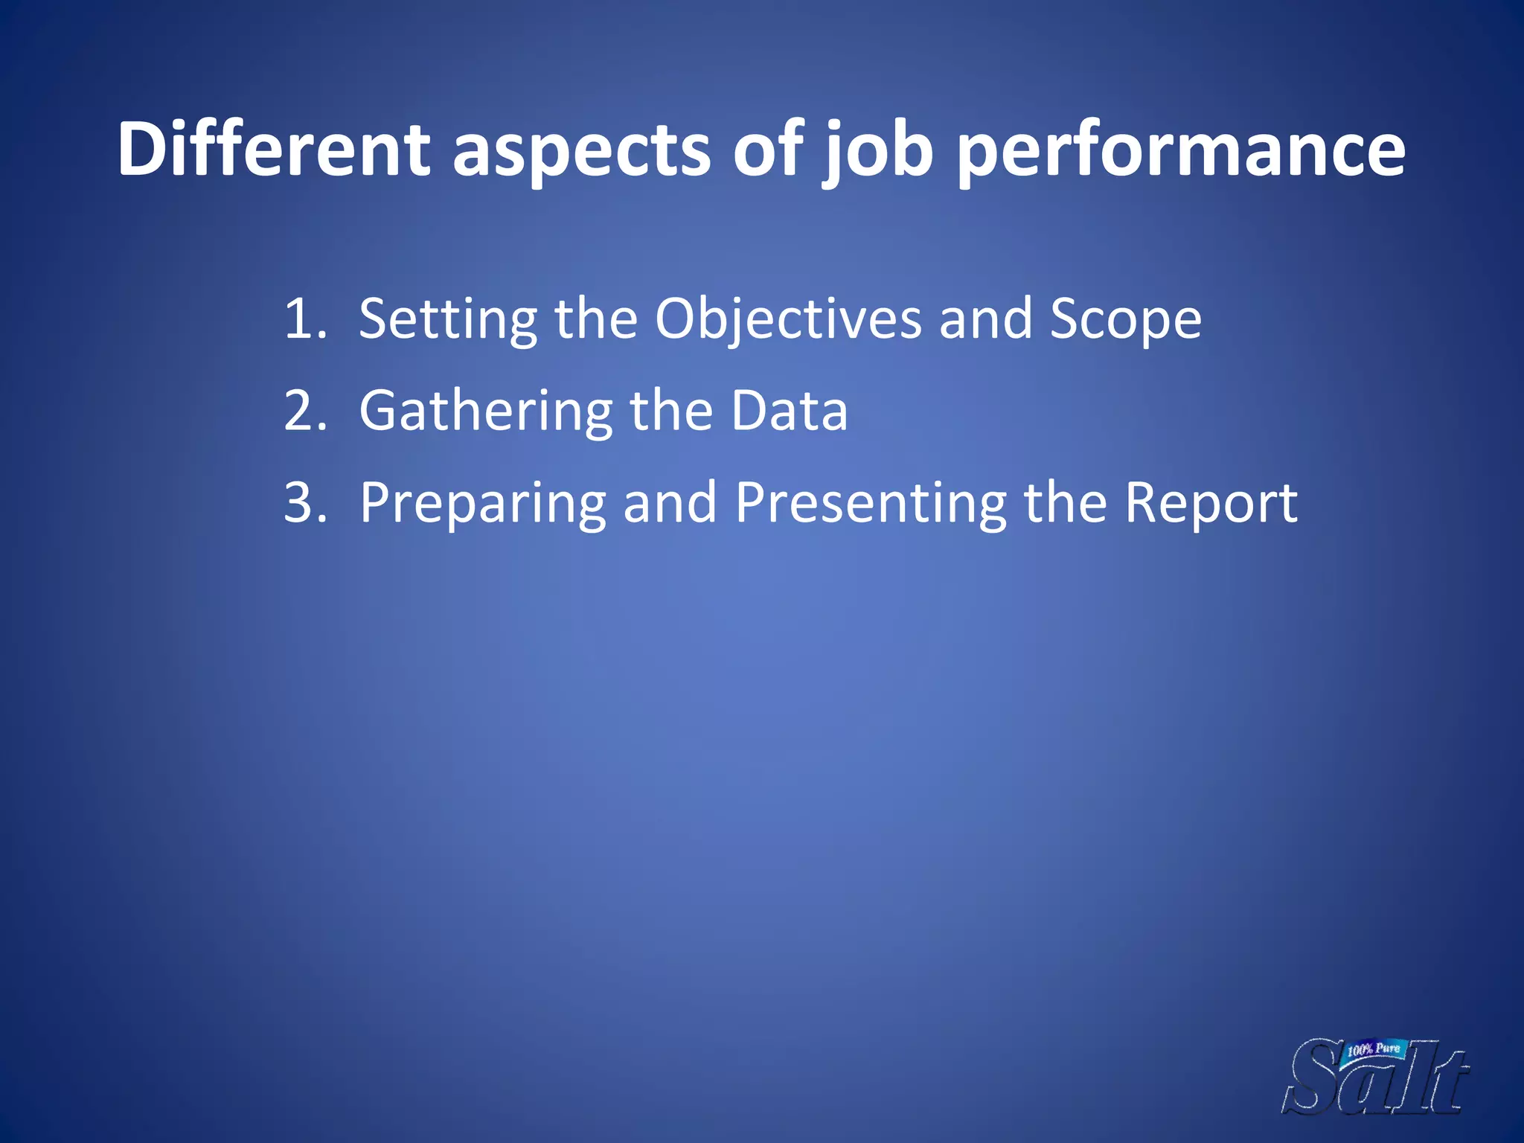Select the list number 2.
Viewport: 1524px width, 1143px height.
[304, 412]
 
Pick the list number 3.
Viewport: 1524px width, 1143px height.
[304, 503]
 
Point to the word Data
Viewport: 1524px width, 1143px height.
[789, 411]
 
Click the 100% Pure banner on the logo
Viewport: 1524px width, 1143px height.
[1374, 1050]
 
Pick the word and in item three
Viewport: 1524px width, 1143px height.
[670, 503]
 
